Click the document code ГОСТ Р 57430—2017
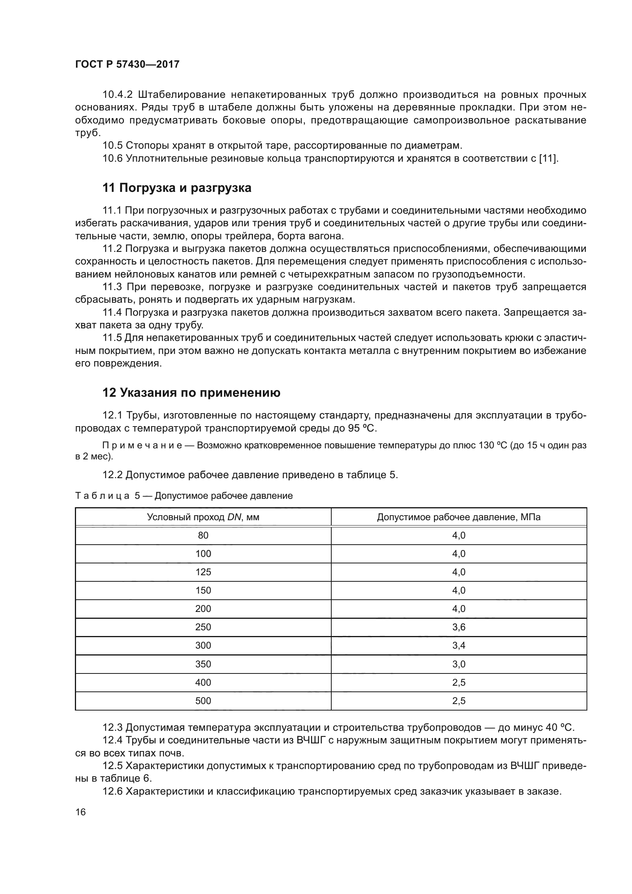point(127,64)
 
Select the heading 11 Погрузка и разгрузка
point(177,188)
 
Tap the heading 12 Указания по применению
point(191,393)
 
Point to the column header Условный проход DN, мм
point(203,517)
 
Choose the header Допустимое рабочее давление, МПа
point(459,517)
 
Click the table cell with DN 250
point(203,627)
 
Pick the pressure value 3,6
point(459,627)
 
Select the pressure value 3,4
point(459,645)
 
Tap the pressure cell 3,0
point(459,664)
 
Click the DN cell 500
point(203,701)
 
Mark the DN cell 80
point(203,535)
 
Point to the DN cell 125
point(203,572)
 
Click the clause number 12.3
point(112,727)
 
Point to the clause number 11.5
point(112,338)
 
